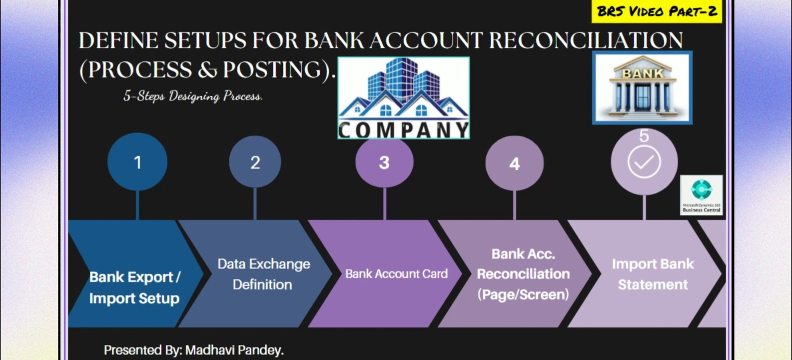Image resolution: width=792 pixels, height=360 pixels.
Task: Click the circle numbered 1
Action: [x=137, y=162]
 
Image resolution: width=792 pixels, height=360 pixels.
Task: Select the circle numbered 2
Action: [x=255, y=162]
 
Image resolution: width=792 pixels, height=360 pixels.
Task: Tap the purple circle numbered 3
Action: [x=384, y=162]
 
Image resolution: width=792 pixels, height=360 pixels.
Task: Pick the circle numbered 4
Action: [x=514, y=163]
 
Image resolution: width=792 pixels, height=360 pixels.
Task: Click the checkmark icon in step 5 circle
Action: [x=644, y=162]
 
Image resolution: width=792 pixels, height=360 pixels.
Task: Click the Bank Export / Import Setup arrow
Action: [x=134, y=287]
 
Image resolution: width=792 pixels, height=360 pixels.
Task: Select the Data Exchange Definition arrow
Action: [x=263, y=274]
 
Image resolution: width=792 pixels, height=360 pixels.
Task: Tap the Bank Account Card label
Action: [x=396, y=274]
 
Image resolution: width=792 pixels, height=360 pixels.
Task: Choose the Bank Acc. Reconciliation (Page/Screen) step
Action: [x=523, y=274]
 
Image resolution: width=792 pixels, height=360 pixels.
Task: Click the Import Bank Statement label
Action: [x=653, y=274]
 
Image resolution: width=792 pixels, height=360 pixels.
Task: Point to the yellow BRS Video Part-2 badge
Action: [x=657, y=11]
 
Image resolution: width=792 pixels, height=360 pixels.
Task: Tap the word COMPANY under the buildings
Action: [x=403, y=130]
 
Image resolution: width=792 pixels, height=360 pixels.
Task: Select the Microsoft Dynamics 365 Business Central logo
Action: [x=701, y=195]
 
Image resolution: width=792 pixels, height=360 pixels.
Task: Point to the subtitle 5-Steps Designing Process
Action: [x=193, y=96]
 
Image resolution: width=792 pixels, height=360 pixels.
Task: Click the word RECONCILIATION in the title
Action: [x=586, y=40]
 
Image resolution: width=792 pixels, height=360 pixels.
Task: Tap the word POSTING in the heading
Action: [x=276, y=69]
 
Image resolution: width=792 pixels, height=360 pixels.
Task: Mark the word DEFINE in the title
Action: [x=118, y=40]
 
